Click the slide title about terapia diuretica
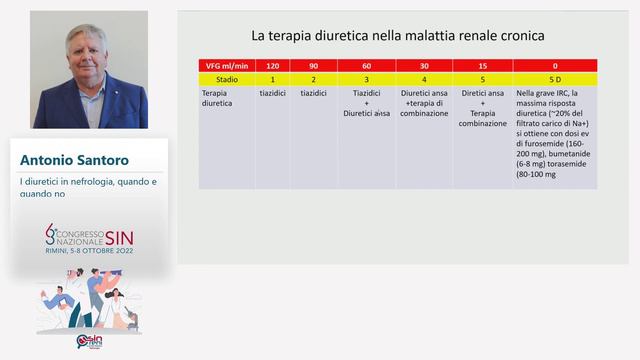(x=397, y=36)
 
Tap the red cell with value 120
(x=271, y=65)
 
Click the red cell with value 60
(x=366, y=65)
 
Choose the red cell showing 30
(x=425, y=65)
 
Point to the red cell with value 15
(x=484, y=65)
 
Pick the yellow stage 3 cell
(x=366, y=78)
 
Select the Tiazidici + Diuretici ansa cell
(x=366, y=102)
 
